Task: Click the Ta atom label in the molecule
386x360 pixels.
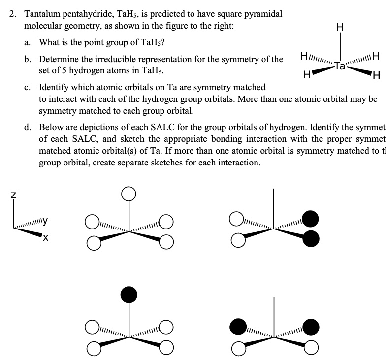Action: point(339,65)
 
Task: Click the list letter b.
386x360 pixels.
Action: point(28,60)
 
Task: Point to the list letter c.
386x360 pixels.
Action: point(28,88)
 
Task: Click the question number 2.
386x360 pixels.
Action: point(13,14)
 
